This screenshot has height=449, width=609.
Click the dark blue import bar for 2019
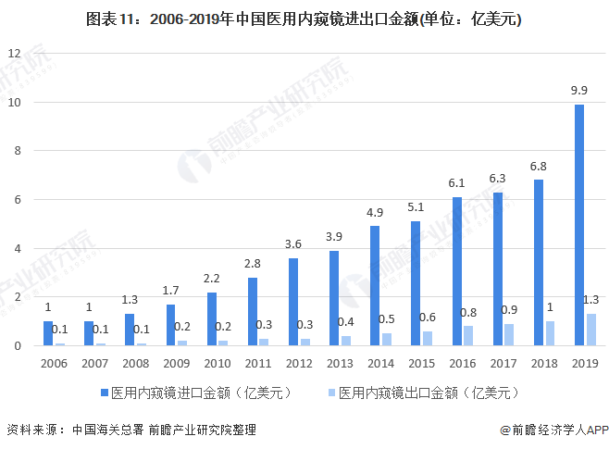click(579, 225)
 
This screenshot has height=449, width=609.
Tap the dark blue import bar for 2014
click(375, 286)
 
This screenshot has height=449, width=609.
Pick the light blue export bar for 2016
click(468, 336)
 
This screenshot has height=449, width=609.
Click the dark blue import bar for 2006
click(48, 333)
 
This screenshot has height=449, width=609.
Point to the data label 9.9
click(579, 90)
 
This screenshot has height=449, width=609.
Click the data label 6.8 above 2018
click(538, 166)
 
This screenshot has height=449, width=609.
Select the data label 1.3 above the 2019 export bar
click(590, 299)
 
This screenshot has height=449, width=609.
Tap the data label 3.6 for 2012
click(293, 243)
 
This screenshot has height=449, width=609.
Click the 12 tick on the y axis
click(14, 53)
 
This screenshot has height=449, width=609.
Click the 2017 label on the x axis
click(503, 364)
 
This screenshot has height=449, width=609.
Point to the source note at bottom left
click(130, 430)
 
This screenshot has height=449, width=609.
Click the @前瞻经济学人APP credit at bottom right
click(553, 430)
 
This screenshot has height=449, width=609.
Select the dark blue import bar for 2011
click(253, 312)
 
